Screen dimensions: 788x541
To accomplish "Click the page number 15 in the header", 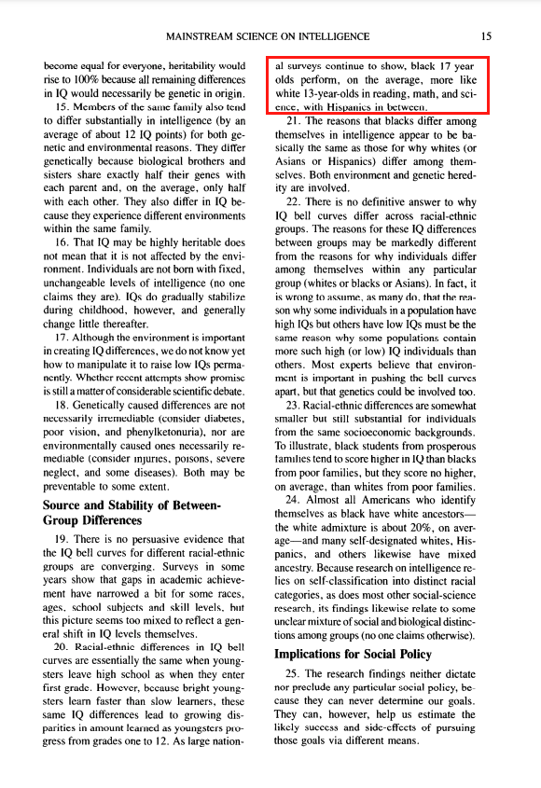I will pyautogui.click(x=486, y=36).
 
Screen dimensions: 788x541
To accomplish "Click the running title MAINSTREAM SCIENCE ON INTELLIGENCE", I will pyautogui.click(x=267, y=36).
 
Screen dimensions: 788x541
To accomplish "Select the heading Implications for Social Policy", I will pyautogui.click(x=353, y=654).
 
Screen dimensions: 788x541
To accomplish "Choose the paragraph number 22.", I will pyautogui.click(x=295, y=201).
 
